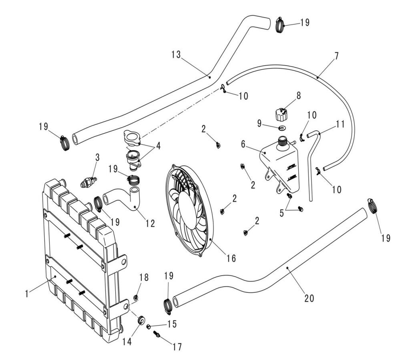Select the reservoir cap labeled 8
click(x=281, y=114)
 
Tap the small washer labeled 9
click(x=281, y=128)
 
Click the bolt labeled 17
click(x=157, y=334)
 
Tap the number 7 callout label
click(x=336, y=56)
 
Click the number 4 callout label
click(x=159, y=146)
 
